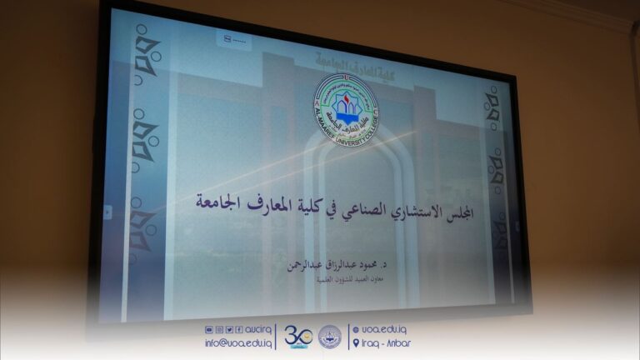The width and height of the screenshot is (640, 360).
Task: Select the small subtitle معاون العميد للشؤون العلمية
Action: pos(349,279)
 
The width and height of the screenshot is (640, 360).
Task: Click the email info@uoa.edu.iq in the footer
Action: pos(237,342)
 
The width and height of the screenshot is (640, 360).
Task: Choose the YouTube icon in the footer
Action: pos(208,330)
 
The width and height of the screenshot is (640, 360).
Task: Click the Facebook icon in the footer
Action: pos(238,330)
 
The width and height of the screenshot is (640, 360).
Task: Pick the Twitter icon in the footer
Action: pos(228,330)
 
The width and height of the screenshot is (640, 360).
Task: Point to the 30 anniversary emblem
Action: pos(297,337)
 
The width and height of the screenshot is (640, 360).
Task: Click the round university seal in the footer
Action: pos(330,337)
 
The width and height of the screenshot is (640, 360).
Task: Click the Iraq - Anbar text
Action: pos(387,342)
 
